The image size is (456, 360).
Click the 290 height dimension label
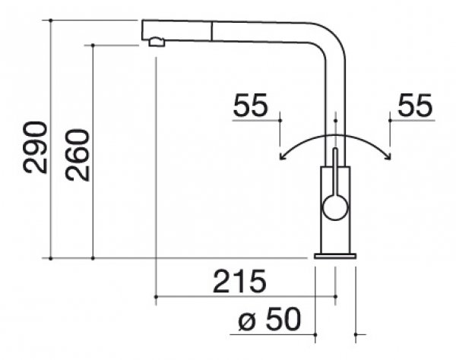35,147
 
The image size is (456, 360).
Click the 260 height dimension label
77,155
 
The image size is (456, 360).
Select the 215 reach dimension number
239,281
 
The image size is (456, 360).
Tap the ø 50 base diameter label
269,319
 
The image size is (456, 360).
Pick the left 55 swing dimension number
250,105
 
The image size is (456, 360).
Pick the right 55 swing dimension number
415,105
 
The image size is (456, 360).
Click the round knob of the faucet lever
335,207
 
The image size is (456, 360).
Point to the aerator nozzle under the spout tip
157,42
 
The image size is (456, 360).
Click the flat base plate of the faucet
335,256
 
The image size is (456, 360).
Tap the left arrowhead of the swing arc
281,156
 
